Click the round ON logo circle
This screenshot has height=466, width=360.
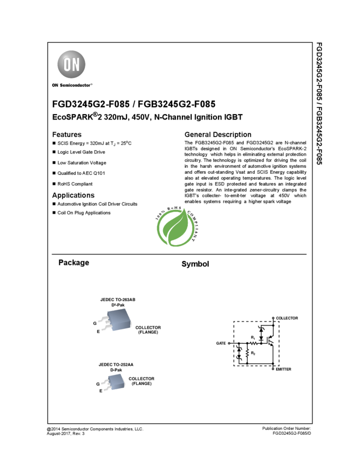point(72,65)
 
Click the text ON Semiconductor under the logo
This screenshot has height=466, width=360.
point(71,86)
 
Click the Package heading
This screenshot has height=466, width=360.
point(74,263)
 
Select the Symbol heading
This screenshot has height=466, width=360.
point(195,264)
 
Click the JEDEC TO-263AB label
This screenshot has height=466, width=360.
point(117,300)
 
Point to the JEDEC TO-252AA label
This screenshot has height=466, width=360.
point(116,365)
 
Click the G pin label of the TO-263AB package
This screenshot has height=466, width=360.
point(95,323)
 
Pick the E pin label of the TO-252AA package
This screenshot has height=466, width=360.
point(101,391)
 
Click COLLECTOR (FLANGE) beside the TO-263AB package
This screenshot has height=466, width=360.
point(148,330)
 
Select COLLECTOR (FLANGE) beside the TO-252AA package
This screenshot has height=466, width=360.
point(141,381)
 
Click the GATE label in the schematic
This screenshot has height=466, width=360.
point(221,344)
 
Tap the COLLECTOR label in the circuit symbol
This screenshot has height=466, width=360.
point(287,318)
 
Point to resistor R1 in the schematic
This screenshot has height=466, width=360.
point(254,343)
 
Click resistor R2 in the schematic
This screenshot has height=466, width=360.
point(248,354)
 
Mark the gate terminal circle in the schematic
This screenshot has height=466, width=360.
point(229,344)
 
